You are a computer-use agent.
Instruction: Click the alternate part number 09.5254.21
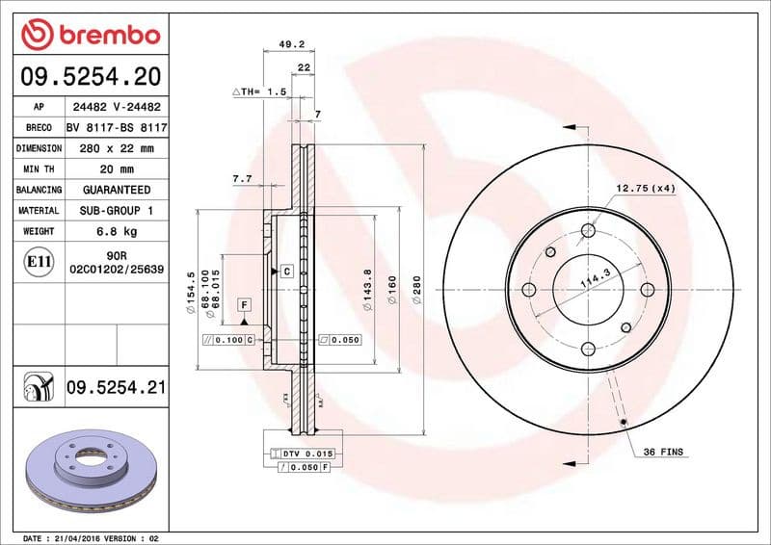tap(117, 388)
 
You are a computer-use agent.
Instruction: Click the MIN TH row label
tap(39, 169)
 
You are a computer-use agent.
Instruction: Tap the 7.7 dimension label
tap(242, 179)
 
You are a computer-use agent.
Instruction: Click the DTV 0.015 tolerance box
tap(307, 453)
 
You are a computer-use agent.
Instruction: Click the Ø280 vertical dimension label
tap(416, 290)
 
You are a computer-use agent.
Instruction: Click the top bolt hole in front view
tap(587, 230)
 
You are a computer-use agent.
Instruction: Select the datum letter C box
tap(286, 272)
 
